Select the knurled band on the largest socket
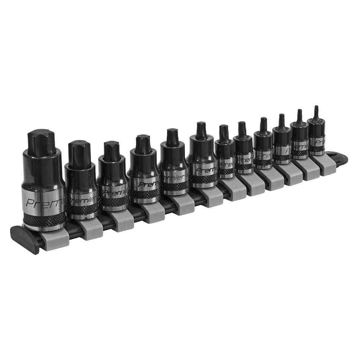[43, 221]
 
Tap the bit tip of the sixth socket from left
[200, 127]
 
